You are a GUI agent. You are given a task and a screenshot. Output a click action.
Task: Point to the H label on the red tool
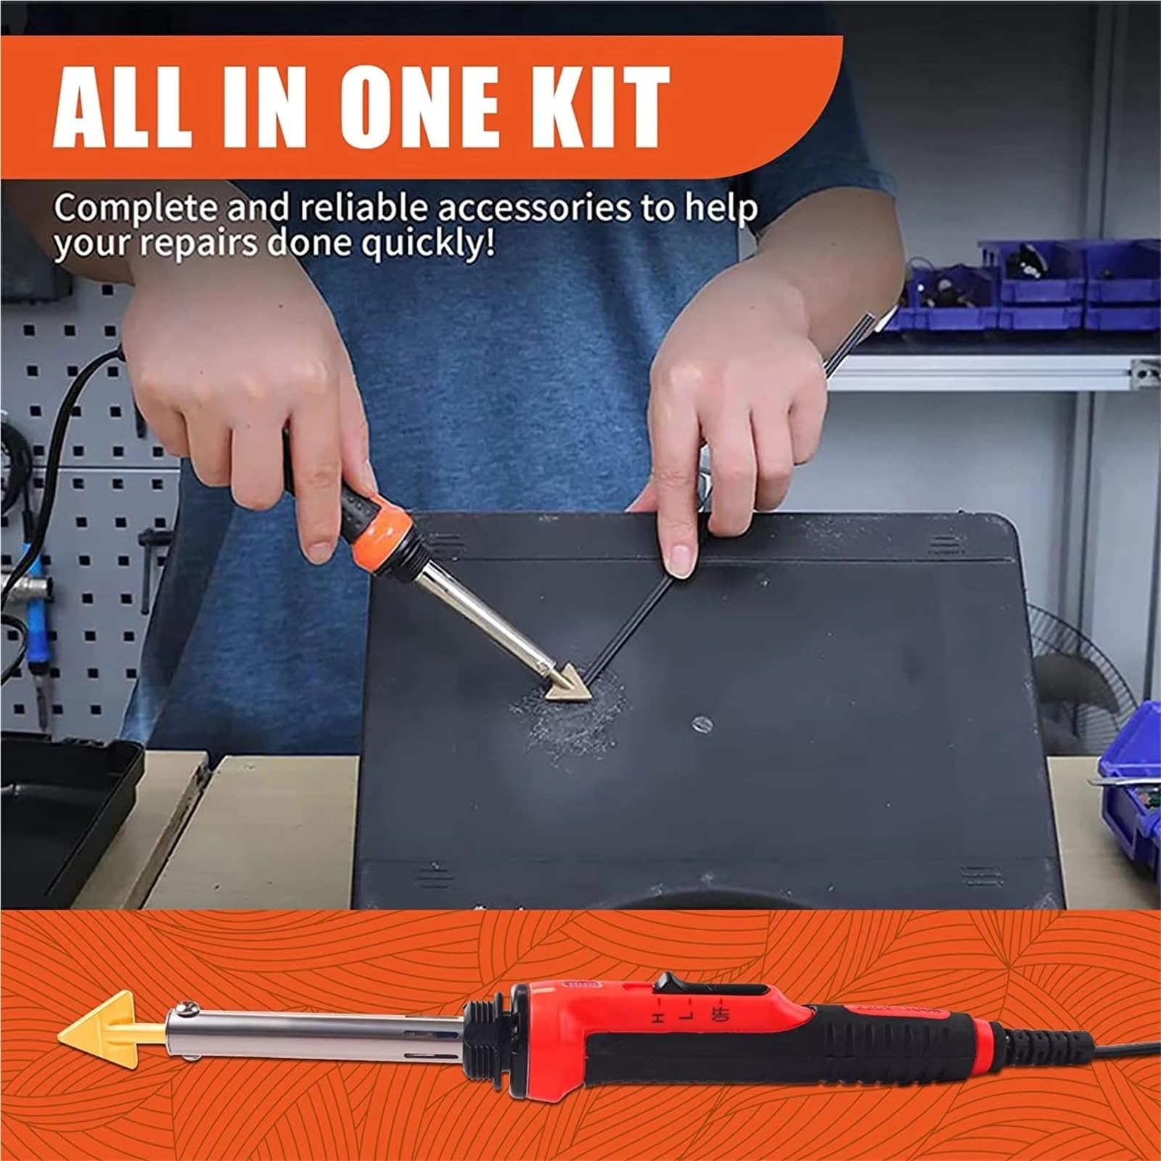658,1018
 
